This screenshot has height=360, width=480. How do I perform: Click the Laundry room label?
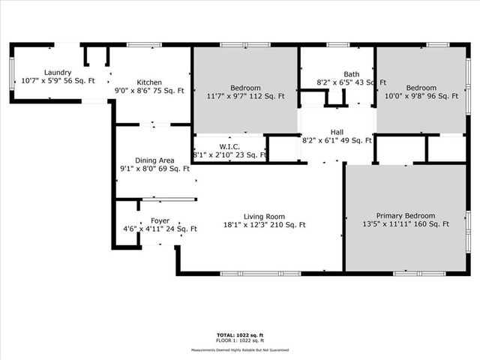click(x=37, y=72)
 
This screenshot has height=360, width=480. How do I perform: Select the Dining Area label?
click(x=155, y=160)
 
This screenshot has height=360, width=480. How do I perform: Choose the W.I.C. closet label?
click(x=229, y=146)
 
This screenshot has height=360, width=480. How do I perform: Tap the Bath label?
click(x=343, y=73)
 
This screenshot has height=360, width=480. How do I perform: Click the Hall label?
click(x=337, y=131)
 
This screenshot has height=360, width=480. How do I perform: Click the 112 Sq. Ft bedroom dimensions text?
click(x=246, y=96)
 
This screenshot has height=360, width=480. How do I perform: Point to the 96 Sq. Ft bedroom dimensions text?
click(x=421, y=96)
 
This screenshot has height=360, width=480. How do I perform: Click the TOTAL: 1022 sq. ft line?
click(x=239, y=334)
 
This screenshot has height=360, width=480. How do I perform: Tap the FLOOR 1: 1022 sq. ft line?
click(x=239, y=341)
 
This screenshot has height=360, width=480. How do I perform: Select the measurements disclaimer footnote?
click(x=239, y=349)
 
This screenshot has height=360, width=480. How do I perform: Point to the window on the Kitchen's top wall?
click(x=144, y=45)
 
